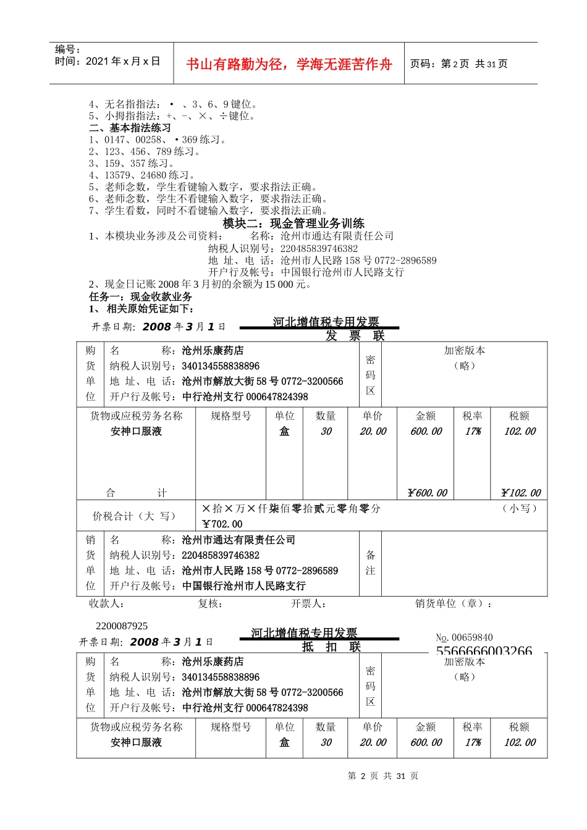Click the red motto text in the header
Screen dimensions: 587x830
[x=289, y=64]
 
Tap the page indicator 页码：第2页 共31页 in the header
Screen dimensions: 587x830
[x=458, y=64]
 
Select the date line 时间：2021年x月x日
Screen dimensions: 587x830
[x=108, y=61]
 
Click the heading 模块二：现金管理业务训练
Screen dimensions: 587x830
[x=293, y=224]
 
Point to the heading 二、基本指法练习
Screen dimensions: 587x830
[x=130, y=128]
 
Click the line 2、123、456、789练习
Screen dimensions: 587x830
[x=145, y=151]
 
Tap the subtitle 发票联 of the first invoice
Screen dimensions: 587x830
[x=355, y=335]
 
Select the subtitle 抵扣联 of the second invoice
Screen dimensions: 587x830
[x=331, y=647]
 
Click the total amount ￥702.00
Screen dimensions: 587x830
[x=222, y=524]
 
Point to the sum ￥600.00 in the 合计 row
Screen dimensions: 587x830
[x=427, y=493]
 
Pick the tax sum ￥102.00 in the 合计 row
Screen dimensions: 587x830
[x=520, y=493]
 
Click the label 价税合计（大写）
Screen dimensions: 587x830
[x=134, y=516]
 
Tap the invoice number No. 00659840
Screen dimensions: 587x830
[x=464, y=637]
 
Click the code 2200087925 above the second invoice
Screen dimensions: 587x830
[x=122, y=626]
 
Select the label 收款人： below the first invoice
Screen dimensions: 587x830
[x=106, y=603]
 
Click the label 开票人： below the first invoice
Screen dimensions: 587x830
[x=308, y=603]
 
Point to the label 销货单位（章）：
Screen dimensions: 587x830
[x=454, y=603]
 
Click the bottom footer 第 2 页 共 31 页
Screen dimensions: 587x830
[x=383, y=776]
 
